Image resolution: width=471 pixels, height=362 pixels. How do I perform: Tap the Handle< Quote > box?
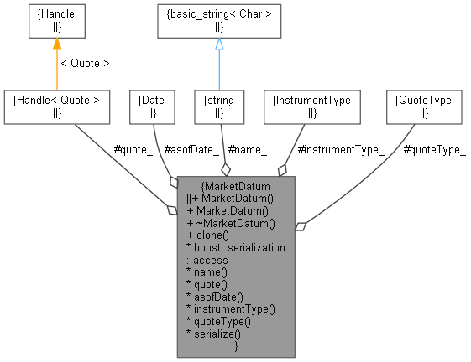coord(57,106)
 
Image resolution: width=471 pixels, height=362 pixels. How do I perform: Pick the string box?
coord(219,106)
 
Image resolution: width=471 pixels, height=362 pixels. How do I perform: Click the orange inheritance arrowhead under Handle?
coord(57,44)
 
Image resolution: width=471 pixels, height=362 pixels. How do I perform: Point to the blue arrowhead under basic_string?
coord(219,44)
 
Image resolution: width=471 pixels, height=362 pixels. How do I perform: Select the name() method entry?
coord(207,272)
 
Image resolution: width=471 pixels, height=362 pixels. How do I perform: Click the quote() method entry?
coord(208,285)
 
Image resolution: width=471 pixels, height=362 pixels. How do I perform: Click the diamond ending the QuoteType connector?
coord(301,225)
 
